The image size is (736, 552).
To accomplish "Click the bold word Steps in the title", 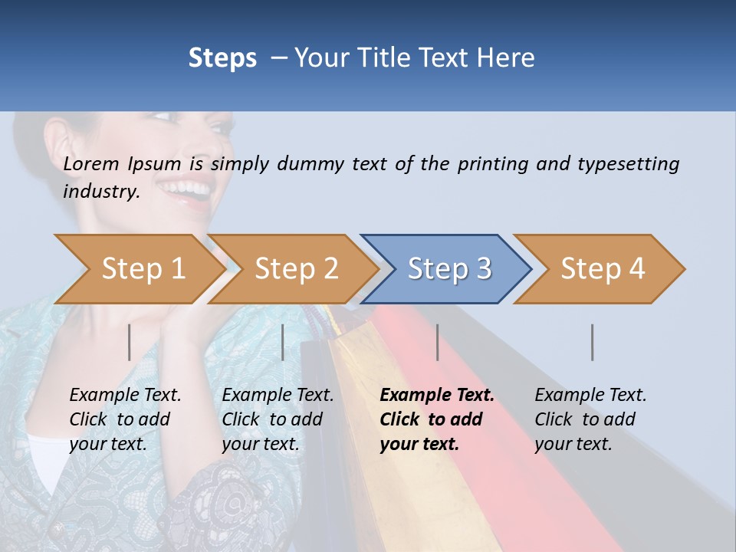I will (222, 58).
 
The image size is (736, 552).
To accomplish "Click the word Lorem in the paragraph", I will (91, 163).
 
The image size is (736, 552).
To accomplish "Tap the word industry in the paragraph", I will (100, 191).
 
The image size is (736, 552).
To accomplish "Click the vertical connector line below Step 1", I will (130, 342).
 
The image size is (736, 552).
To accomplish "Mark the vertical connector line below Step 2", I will (283, 342).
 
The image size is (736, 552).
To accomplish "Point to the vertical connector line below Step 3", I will (438, 342).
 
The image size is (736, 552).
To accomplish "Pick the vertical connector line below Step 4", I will (593, 342).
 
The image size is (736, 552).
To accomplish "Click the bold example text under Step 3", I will (436, 419).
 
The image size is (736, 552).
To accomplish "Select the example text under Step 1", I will (125, 419).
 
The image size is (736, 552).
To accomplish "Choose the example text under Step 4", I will (590, 419).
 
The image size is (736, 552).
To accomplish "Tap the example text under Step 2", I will (278, 419).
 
